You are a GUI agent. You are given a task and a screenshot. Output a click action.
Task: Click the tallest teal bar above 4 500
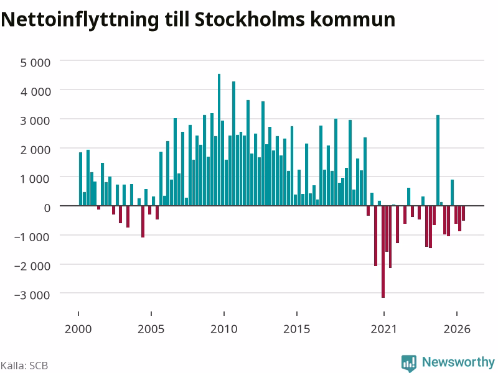pyautogui.click(x=219, y=139)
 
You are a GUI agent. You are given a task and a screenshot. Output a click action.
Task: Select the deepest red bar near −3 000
pyautogui.click(x=383, y=252)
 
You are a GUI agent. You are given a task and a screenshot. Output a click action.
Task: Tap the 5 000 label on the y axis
pyautogui.click(x=35, y=63)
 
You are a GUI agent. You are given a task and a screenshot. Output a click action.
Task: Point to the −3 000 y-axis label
pyautogui.click(x=32, y=295)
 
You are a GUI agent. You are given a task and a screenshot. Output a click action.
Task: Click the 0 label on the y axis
pyautogui.click(x=47, y=208)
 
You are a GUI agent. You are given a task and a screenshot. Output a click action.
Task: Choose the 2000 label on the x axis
pyautogui.click(x=78, y=329)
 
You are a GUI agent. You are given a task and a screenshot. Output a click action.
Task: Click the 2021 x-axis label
pyautogui.click(x=383, y=329)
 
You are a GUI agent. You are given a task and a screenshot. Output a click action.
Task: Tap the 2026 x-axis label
pyautogui.click(x=457, y=329)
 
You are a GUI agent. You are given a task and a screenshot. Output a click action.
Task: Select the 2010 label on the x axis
pyautogui.click(x=224, y=329)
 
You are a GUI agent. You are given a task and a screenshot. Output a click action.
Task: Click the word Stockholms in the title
pyautogui.click(x=250, y=19)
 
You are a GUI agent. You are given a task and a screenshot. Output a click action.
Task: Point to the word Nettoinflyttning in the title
pyautogui.click(x=80, y=20)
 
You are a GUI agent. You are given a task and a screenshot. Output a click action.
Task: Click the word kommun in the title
pyautogui.click(x=352, y=19)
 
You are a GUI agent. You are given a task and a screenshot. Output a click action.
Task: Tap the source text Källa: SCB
pyautogui.click(x=24, y=366)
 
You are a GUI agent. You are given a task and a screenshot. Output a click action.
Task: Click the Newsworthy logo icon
pyautogui.click(x=409, y=363)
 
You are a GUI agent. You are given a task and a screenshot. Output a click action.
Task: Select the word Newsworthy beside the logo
pyautogui.click(x=458, y=362)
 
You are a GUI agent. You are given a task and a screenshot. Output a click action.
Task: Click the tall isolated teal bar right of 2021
pyautogui.click(x=438, y=160)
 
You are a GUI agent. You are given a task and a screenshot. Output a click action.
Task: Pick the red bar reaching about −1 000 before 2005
pyautogui.click(x=143, y=221)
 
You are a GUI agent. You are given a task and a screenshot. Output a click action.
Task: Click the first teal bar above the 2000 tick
pyautogui.click(x=81, y=179)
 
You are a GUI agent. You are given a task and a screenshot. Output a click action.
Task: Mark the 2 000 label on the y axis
pyautogui.click(x=35, y=150)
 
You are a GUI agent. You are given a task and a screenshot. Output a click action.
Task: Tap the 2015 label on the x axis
pyautogui.click(x=297, y=329)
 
